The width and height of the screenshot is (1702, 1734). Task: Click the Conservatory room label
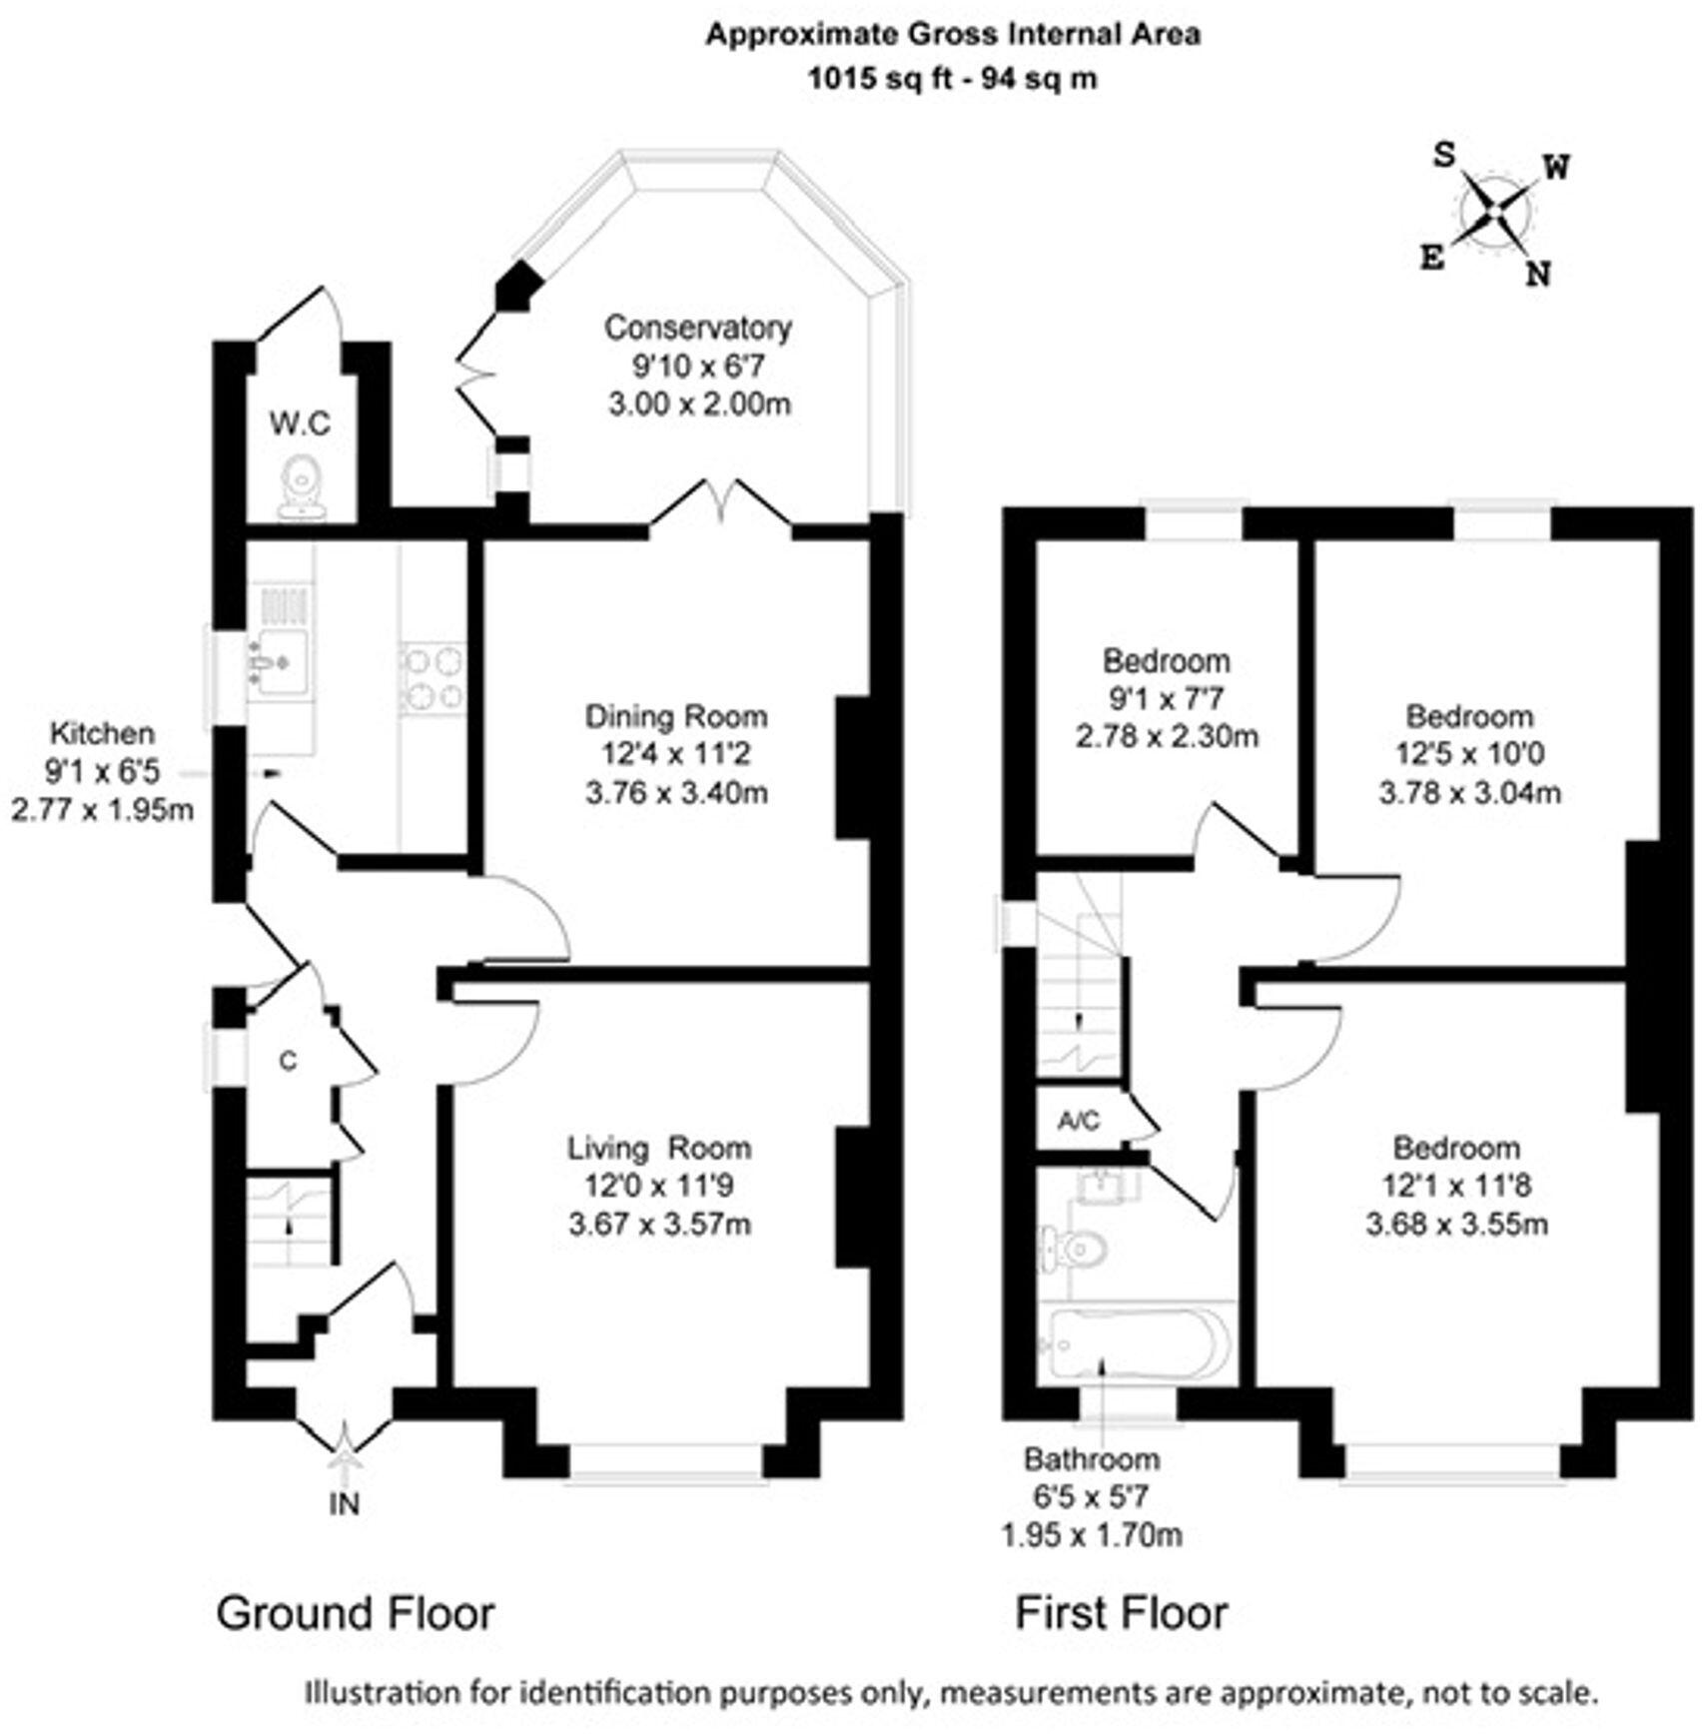pyautogui.click(x=697, y=328)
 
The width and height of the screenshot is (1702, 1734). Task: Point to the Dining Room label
pyautogui.click(x=676, y=716)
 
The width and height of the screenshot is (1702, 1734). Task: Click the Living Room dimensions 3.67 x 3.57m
pyautogui.click(x=659, y=1224)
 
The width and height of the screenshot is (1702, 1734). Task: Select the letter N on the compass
pyautogui.click(x=1538, y=274)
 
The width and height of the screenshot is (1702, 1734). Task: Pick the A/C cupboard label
pyautogui.click(x=1079, y=1121)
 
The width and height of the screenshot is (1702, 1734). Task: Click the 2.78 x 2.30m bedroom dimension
pyautogui.click(x=1167, y=736)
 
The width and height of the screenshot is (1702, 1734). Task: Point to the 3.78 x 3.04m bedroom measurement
pyautogui.click(x=1469, y=793)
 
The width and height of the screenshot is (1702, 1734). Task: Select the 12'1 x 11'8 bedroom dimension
pyautogui.click(x=1456, y=1186)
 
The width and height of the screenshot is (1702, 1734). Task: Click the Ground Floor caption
pyautogui.click(x=355, y=1614)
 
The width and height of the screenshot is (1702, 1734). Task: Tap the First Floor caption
pyautogui.click(x=1121, y=1614)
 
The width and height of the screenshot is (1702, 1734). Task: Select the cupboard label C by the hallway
pyautogui.click(x=288, y=1061)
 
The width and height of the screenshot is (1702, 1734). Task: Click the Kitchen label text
pyautogui.click(x=102, y=733)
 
